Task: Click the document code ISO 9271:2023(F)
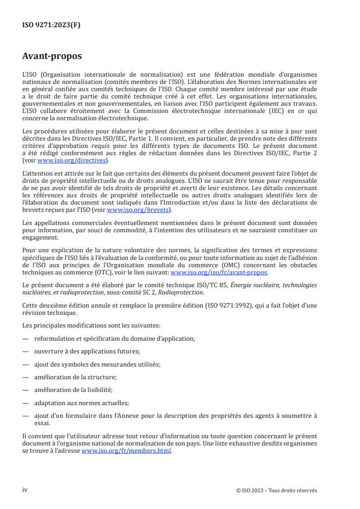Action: [x=51, y=25]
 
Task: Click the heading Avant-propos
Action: [x=52, y=57]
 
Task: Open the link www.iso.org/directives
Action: [x=67, y=161]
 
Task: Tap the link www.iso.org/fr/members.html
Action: [x=127, y=451]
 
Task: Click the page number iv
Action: [x=25, y=490]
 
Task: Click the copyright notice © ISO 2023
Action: [x=276, y=490]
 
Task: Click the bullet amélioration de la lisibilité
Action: [x=73, y=389]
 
